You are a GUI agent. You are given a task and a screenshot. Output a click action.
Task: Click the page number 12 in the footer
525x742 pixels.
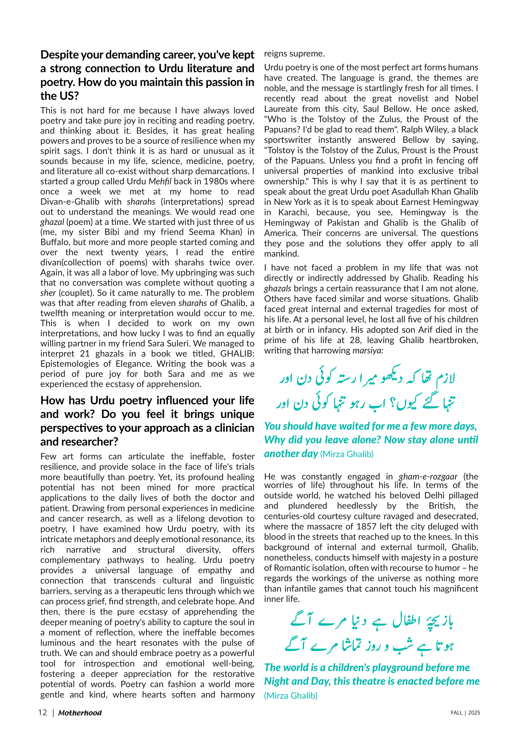click(42, 712)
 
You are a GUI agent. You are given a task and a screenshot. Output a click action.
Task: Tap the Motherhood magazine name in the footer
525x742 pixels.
click(80, 713)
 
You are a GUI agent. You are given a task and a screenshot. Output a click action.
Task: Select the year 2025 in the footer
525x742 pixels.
click(474, 712)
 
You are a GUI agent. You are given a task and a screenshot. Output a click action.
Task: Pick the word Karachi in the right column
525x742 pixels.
click(293, 212)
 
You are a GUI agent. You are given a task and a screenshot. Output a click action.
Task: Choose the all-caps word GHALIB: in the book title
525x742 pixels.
click(237, 353)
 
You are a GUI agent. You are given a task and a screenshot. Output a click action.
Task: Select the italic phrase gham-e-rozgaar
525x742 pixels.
click(428, 477)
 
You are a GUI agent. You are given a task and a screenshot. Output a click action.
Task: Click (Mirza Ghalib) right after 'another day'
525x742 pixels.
click(347, 454)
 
